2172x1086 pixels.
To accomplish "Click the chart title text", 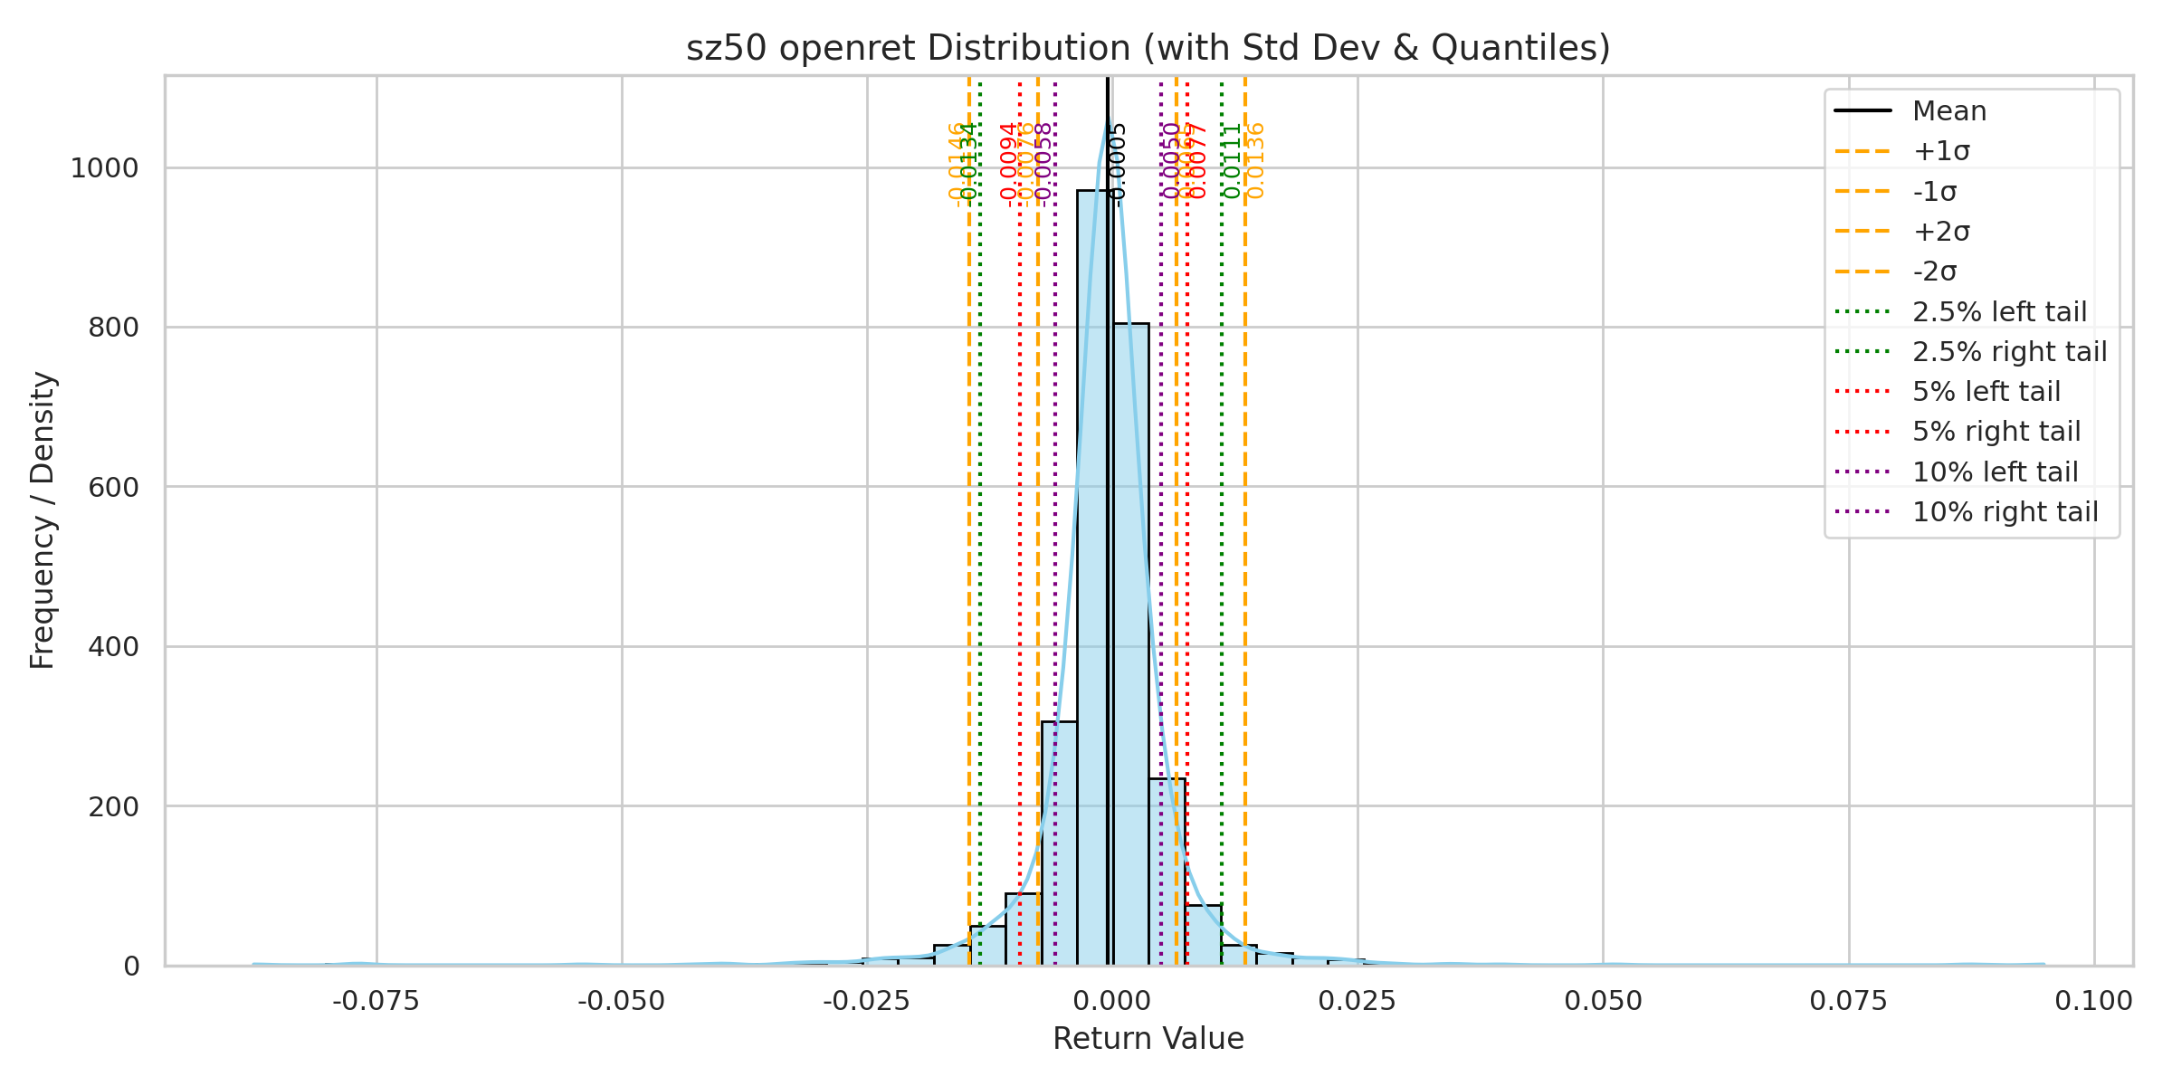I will (1148, 48).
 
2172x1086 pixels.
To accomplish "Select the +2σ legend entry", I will (1940, 232).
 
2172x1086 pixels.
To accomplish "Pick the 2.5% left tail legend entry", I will (1998, 311).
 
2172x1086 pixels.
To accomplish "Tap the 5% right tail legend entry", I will (1996, 432).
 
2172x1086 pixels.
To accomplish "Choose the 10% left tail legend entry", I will (1995, 472).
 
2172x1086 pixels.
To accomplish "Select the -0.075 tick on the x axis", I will (376, 1001).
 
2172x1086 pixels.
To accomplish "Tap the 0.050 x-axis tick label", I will (1603, 1001).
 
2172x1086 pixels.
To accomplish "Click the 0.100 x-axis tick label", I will (2093, 1001).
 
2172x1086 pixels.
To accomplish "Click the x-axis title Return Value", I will (1148, 1039).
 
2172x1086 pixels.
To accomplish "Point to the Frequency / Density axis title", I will (43, 520).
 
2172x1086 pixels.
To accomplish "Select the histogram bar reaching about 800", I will (1131, 643).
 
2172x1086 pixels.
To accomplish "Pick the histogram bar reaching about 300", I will (1059, 842).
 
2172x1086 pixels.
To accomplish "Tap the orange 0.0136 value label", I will (1256, 161).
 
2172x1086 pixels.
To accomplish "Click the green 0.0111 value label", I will (1232, 161).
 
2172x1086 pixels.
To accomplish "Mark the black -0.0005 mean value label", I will (1119, 163).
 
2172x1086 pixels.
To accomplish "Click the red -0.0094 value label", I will (1009, 163).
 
